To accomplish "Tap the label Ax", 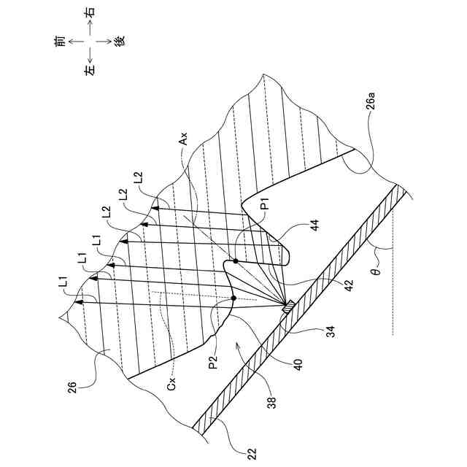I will [x=184, y=138].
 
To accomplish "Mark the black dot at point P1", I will [x=235, y=260].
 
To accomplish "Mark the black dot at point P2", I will [x=233, y=298].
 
